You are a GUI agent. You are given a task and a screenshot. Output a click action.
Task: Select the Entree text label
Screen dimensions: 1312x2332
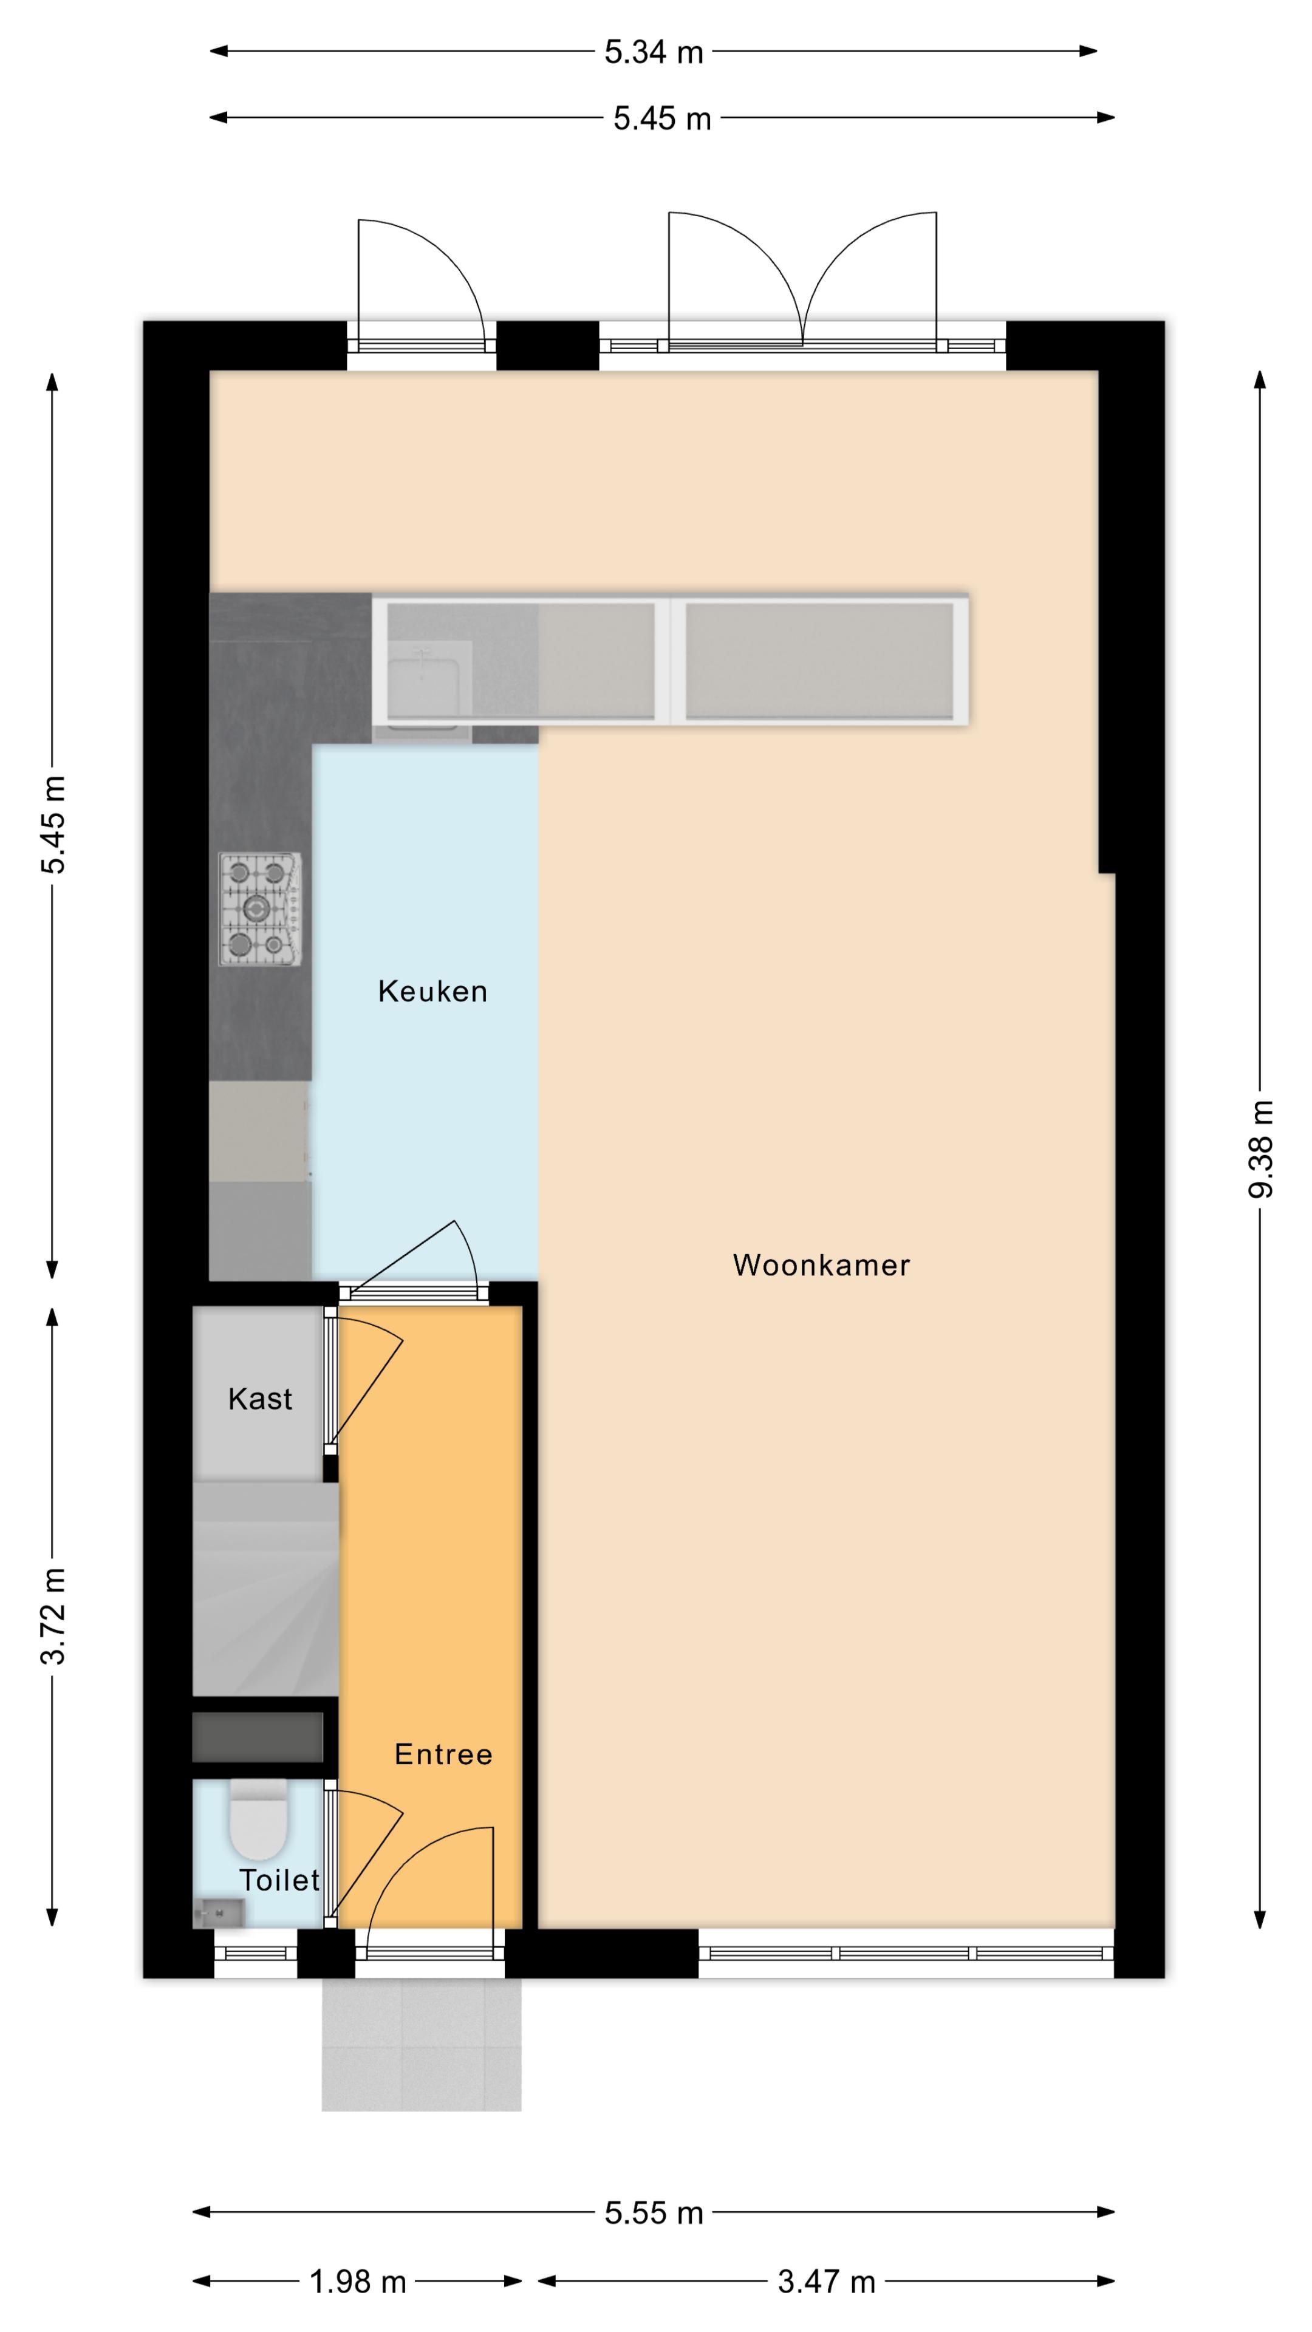point(443,1754)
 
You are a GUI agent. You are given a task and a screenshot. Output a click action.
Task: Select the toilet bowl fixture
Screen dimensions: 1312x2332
point(258,1818)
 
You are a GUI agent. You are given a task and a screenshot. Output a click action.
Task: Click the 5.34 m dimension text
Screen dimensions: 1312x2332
point(654,52)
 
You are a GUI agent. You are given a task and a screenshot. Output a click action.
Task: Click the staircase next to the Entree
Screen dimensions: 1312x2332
point(266,1588)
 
